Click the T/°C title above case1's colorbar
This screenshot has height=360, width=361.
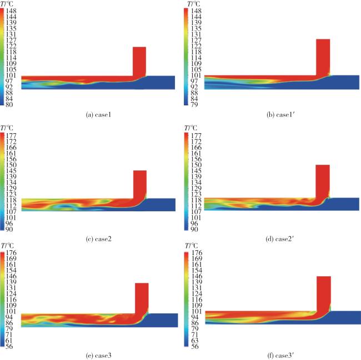pos(10,4)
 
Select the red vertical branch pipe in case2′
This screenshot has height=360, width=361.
pos(322,180)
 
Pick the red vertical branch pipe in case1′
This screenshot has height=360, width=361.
pos(323,57)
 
